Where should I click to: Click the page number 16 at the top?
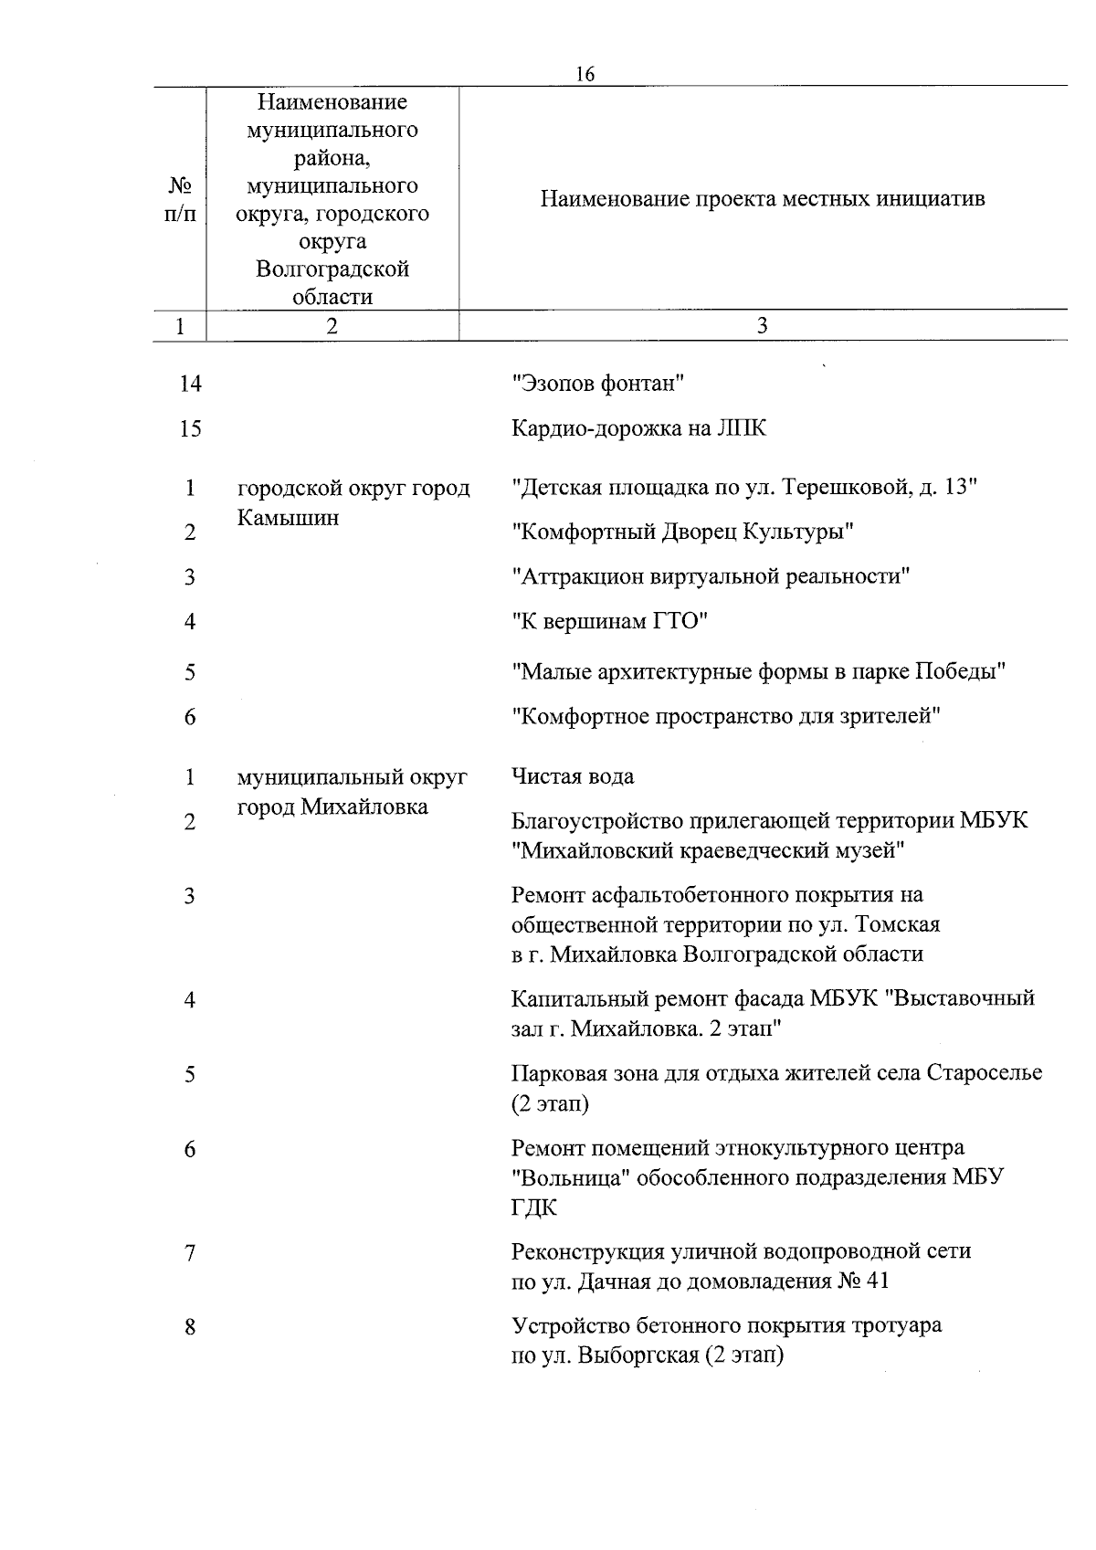click(x=585, y=75)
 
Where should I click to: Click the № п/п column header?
click(x=180, y=199)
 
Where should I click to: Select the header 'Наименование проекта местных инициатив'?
click(x=763, y=199)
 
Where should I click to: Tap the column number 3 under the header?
click(x=763, y=326)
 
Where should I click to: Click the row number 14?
click(x=190, y=384)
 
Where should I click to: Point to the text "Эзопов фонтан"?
click(x=598, y=384)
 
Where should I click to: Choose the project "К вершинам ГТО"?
click(x=610, y=622)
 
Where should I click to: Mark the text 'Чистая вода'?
click(x=573, y=776)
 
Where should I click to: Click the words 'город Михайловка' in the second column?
click(x=332, y=807)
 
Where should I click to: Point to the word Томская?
click(x=898, y=924)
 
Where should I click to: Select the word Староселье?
click(x=984, y=1073)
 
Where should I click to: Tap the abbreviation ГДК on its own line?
click(x=534, y=1207)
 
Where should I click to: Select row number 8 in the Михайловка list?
click(x=190, y=1326)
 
